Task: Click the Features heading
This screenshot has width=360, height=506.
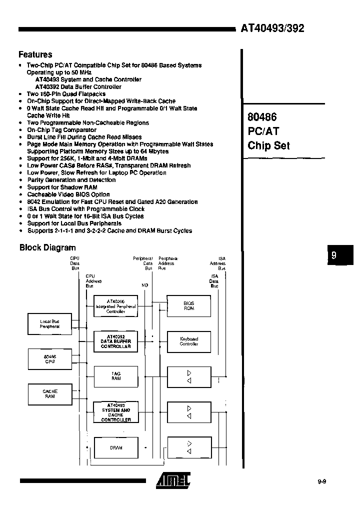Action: [x=35, y=54]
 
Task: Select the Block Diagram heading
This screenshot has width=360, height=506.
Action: [x=47, y=247]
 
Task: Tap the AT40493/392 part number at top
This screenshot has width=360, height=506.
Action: [x=272, y=28]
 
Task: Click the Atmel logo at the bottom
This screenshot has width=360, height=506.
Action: [x=173, y=480]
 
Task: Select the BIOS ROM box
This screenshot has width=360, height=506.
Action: [x=188, y=306]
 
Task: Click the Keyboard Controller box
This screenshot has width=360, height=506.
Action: [x=188, y=341]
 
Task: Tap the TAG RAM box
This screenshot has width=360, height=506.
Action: [x=115, y=376]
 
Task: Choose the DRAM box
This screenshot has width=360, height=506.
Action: [x=115, y=447]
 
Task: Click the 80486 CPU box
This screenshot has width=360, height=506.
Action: [x=49, y=359]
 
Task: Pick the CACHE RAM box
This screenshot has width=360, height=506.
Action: [x=49, y=394]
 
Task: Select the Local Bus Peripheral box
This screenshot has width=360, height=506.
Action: [x=49, y=323]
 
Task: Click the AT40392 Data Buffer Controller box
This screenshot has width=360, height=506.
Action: [x=115, y=341]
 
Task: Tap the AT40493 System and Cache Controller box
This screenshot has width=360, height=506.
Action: [x=115, y=413]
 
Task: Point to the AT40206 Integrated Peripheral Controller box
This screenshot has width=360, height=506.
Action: [x=115, y=306]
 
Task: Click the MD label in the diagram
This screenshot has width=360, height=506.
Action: [x=144, y=284]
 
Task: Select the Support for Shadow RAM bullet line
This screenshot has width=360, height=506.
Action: [x=62, y=187]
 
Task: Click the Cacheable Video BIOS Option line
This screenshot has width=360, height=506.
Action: [x=68, y=194]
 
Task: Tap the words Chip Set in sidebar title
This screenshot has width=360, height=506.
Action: [x=268, y=145]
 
